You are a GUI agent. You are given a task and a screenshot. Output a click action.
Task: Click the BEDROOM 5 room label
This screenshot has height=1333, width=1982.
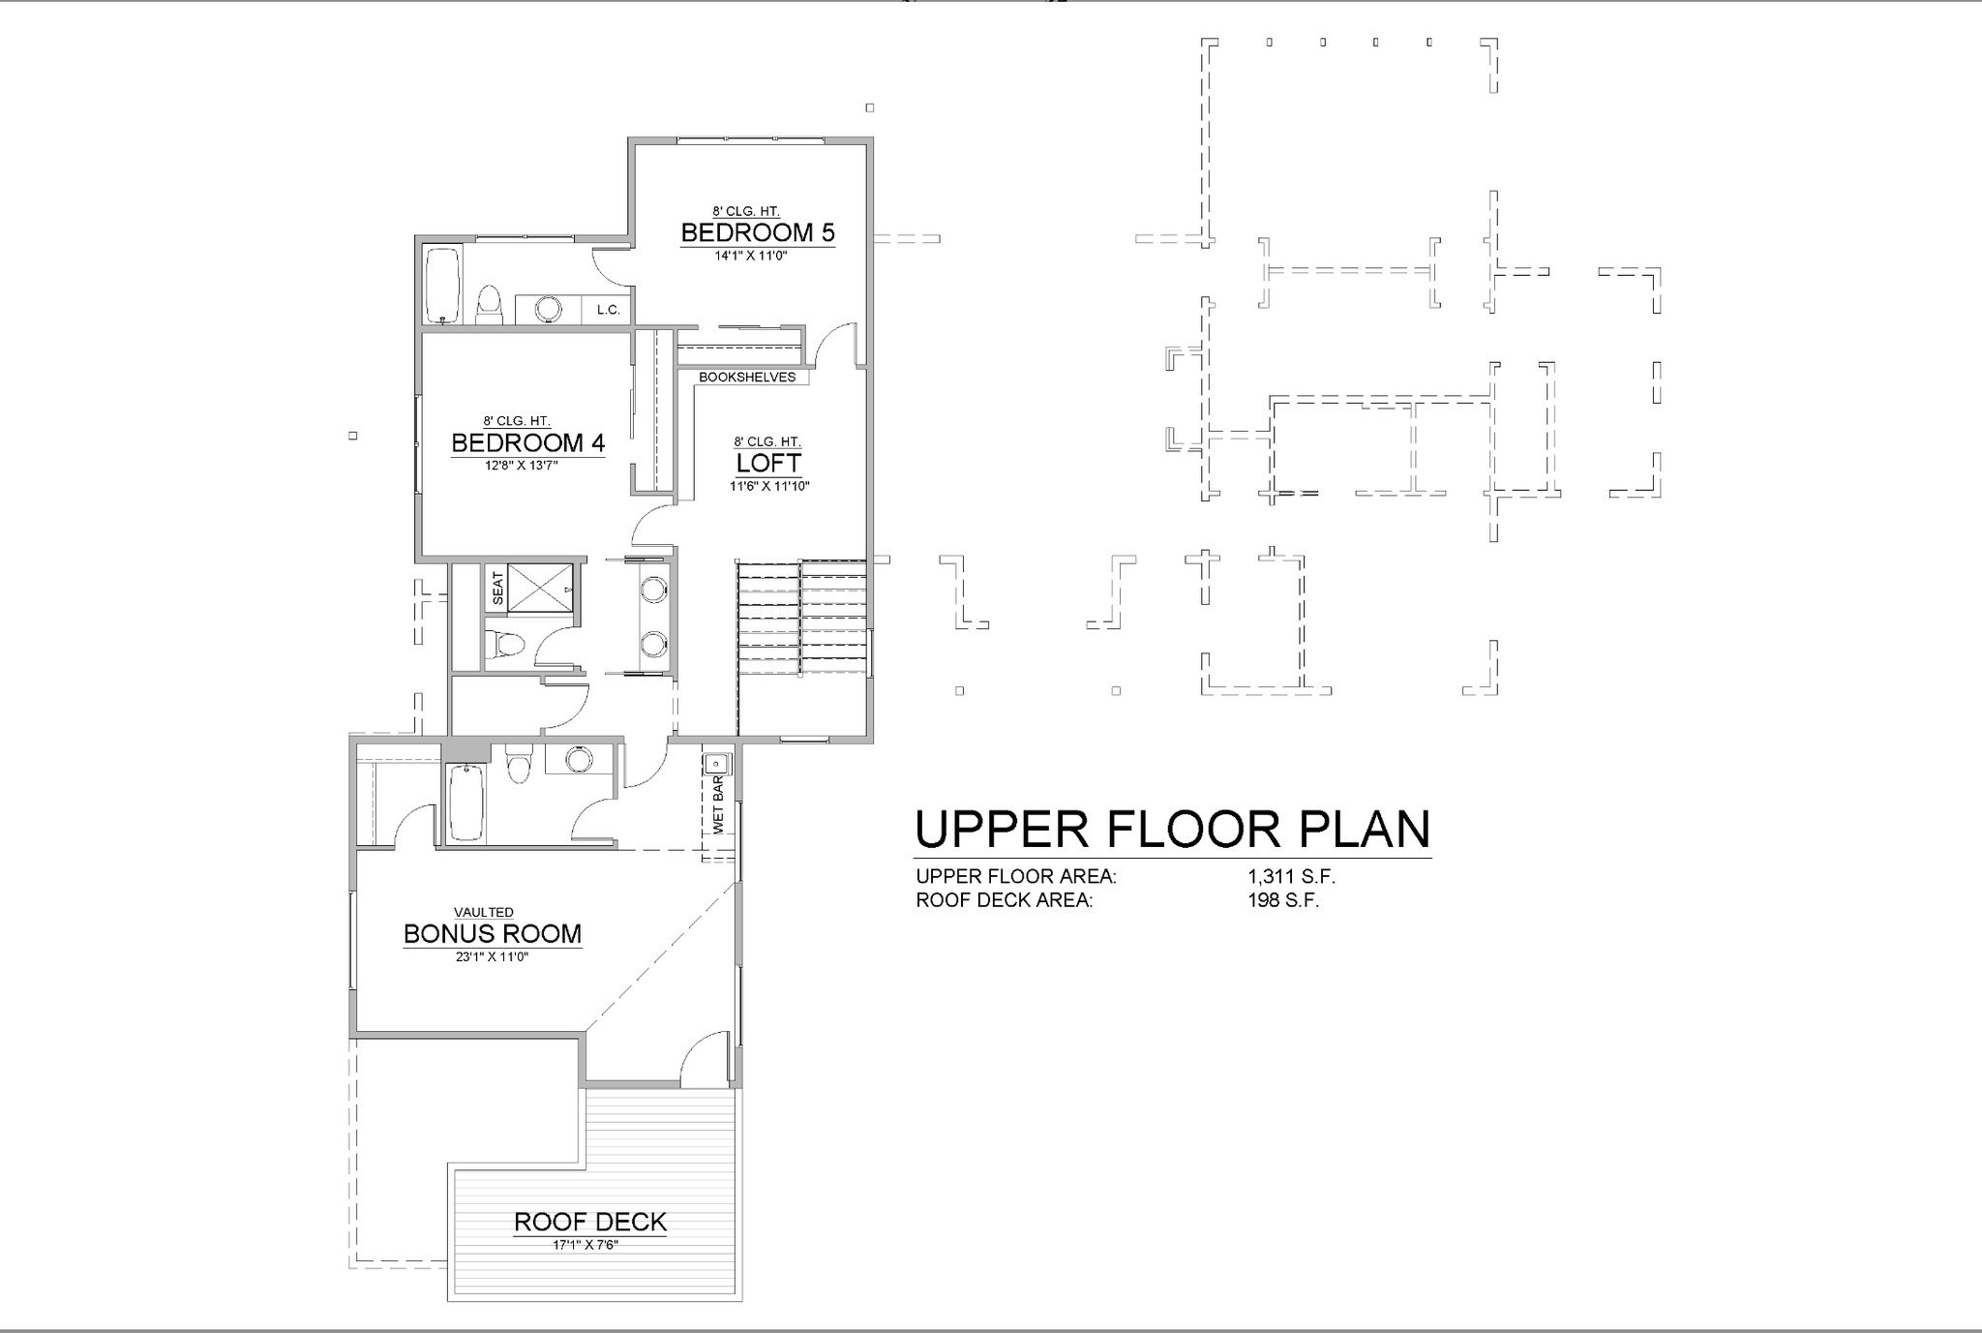pyautogui.click(x=758, y=232)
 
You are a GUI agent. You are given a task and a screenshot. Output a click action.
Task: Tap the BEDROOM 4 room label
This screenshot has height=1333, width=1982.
pyautogui.click(x=528, y=442)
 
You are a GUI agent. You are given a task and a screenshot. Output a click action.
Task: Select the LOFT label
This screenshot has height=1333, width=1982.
pyautogui.click(x=768, y=463)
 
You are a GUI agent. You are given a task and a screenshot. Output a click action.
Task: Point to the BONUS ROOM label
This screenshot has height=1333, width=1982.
pyautogui.click(x=493, y=934)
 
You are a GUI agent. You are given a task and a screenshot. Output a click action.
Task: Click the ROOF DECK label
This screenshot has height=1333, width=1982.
pyautogui.click(x=590, y=1222)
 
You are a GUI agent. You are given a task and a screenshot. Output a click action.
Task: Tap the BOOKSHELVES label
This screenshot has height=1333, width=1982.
pyautogui.click(x=747, y=378)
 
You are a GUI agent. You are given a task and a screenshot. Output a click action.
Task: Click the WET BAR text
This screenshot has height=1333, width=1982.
pyautogui.click(x=718, y=804)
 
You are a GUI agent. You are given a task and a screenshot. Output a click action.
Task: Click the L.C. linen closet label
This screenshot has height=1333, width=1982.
pyautogui.click(x=608, y=310)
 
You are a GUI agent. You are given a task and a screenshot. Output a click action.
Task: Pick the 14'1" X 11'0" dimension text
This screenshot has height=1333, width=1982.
pyautogui.click(x=751, y=257)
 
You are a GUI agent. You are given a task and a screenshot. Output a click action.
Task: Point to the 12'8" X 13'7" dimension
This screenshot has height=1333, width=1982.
pyautogui.click(x=522, y=466)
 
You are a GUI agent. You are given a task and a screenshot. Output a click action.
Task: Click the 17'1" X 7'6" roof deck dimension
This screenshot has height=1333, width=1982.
pyautogui.click(x=586, y=1245)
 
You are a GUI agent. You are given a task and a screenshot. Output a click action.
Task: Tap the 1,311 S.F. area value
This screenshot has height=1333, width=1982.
pyautogui.click(x=1291, y=877)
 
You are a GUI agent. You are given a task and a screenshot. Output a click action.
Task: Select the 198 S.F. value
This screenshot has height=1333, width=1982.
pyautogui.click(x=1283, y=900)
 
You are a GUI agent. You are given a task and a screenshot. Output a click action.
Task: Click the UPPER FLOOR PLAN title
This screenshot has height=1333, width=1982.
pyautogui.click(x=1173, y=830)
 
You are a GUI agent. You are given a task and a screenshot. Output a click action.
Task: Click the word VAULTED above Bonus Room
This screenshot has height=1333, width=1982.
pyautogui.click(x=484, y=912)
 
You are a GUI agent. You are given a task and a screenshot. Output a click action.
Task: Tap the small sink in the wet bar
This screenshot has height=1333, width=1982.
pyautogui.click(x=717, y=763)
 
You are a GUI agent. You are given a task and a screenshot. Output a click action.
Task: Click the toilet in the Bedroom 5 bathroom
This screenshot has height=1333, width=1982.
pyautogui.click(x=490, y=306)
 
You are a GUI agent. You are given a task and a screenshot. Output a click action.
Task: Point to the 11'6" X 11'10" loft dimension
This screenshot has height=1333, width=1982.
pyautogui.click(x=769, y=487)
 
